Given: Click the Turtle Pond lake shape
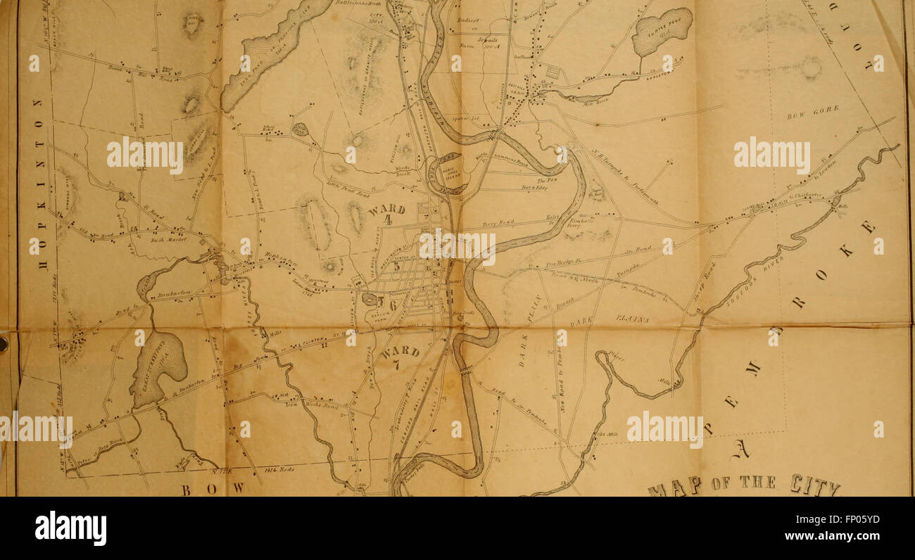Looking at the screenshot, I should [662, 32].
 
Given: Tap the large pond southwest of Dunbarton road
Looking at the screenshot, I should [158, 366].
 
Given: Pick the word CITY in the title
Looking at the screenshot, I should [814, 485].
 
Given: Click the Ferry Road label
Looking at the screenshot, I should [499, 224].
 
